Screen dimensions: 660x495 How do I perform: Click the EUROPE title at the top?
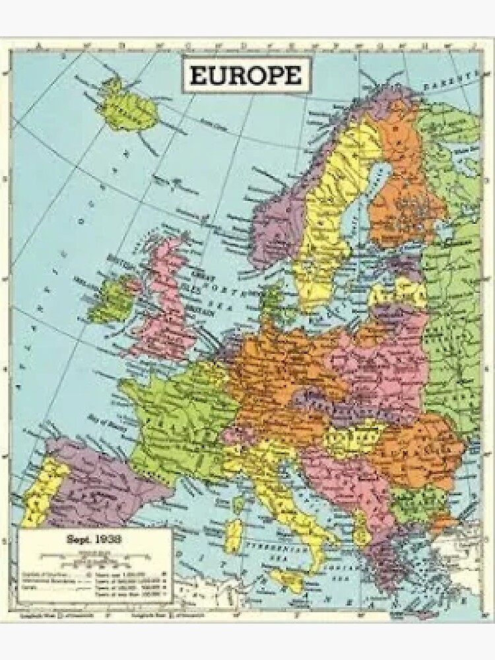[x=245, y=76]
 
